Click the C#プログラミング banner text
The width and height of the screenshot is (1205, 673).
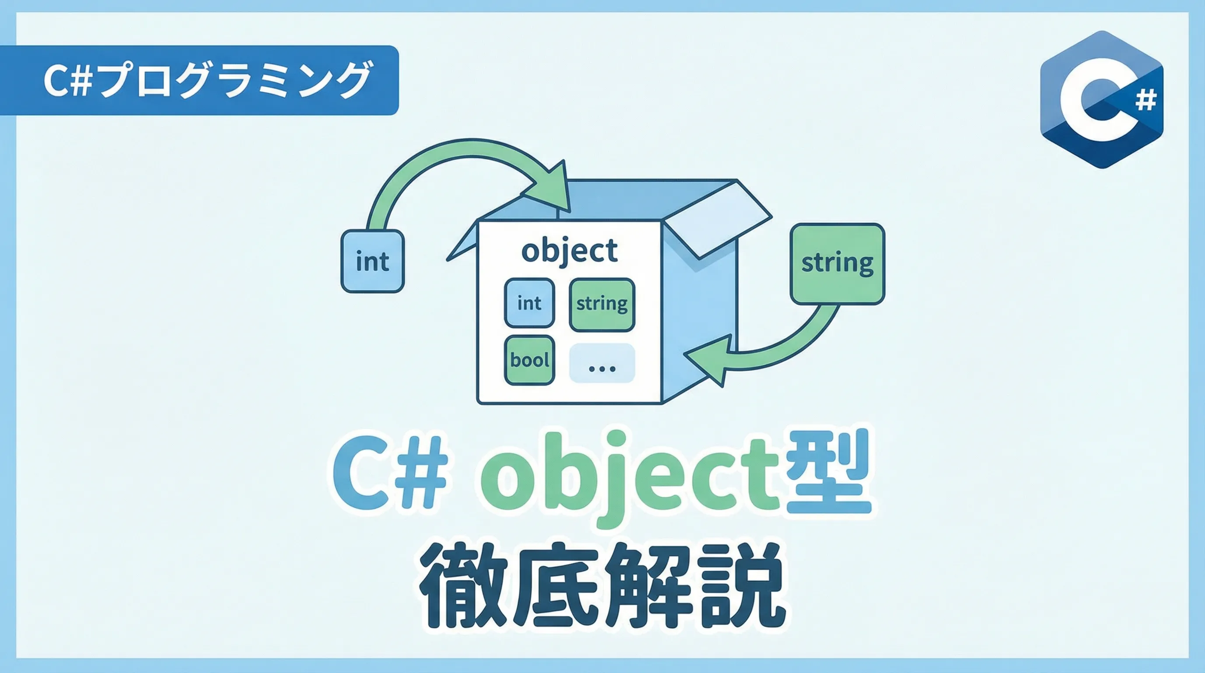[x=207, y=80]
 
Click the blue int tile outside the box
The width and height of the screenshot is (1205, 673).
[x=372, y=261]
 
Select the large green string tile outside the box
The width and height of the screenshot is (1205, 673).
[x=837, y=264]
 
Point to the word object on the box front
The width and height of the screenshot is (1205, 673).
[x=569, y=251]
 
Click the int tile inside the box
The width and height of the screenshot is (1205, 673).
[x=529, y=303]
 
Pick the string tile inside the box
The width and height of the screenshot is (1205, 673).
[x=602, y=305]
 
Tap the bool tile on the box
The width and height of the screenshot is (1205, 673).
[x=529, y=360]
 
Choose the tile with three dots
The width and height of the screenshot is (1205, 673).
[x=602, y=363]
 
